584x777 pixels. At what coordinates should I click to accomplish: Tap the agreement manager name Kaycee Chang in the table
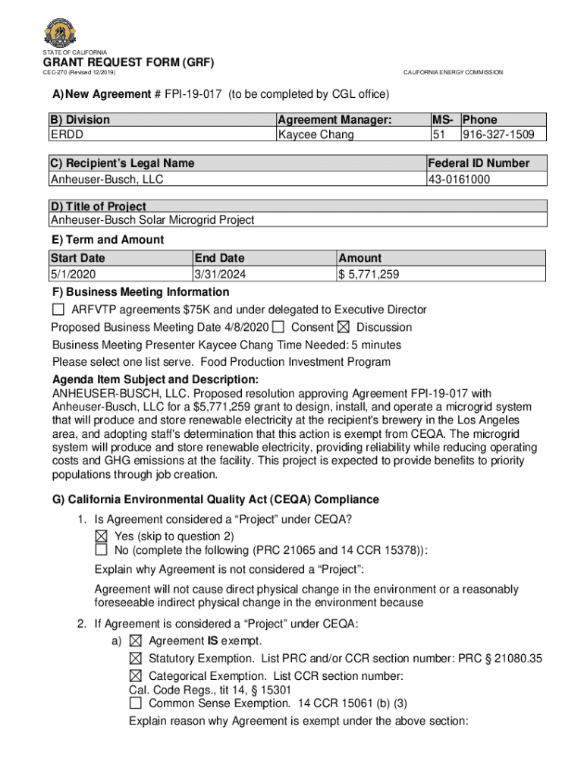pos(316,134)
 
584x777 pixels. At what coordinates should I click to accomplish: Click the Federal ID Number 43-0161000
pos(459,179)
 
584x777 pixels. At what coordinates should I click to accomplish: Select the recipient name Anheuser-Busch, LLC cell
pos(106,179)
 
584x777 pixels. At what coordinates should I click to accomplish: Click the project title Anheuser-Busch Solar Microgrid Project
pos(152,220)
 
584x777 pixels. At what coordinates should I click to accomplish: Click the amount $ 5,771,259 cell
pos(369,274)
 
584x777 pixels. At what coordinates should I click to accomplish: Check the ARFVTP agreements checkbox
pos(58,310)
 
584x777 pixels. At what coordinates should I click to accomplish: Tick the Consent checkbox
pos(278,327)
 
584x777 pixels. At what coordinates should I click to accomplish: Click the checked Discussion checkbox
pos(343,327)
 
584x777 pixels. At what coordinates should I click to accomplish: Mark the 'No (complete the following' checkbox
pos(102,549)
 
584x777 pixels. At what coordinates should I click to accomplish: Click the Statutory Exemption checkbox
pos(136,658)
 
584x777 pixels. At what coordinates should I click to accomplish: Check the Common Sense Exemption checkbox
pos(136,703)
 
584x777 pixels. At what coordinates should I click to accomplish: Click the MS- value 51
pos(438,134)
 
